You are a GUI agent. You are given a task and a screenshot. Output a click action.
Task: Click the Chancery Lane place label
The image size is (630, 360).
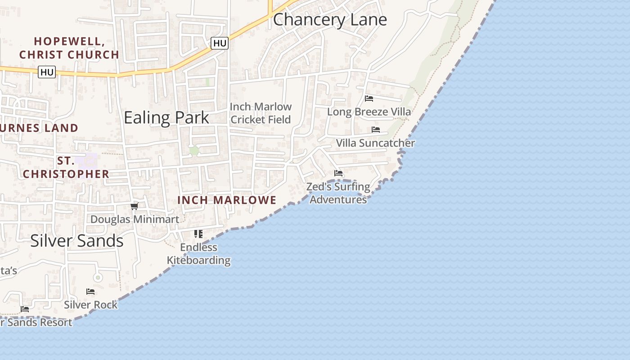tap(330, 20)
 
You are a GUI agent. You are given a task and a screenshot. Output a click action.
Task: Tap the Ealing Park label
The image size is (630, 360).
tap(166, 117)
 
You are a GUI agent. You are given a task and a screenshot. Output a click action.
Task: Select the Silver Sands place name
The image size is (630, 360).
tap(77, 241)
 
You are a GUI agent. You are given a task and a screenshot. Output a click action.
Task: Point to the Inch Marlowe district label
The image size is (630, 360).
tap(227, 200)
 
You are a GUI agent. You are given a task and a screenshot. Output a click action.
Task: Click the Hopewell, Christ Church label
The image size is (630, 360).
tap(69, 48)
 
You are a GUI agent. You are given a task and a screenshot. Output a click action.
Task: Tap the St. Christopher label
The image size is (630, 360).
tap(66, 167)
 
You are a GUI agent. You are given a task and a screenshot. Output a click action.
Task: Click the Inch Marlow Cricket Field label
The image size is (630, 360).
tap(261, 113)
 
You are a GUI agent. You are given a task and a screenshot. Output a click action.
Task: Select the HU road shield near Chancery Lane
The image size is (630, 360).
tap(220, 43)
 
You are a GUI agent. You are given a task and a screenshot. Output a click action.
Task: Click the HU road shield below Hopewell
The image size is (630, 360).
tap(47, 72)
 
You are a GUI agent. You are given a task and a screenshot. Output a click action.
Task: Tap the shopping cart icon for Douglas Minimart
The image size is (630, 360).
tap(134, 207)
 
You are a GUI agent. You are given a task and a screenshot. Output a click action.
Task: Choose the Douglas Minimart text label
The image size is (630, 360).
tap(135, 220)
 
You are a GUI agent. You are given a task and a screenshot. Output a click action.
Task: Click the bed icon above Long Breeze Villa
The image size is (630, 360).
tap(369, 99)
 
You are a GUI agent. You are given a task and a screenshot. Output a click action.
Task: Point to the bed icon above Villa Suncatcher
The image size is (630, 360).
tap(376, 130)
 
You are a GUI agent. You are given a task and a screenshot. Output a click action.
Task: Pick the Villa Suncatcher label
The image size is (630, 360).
tap(375, 143)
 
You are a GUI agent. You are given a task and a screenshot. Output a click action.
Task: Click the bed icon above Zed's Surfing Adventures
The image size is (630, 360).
tap(338, 173)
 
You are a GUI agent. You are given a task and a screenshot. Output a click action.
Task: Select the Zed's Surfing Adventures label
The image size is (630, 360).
tap(338, 193)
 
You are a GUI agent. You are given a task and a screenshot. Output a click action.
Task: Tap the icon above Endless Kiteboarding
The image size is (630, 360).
tap(198, 234)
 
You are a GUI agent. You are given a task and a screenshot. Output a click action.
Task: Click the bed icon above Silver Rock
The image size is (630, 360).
tap(90, 292)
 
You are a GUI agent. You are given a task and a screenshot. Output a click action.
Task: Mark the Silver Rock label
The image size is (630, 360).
tap(90, 305)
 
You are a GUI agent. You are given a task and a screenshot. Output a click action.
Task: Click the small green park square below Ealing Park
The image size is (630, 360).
tap(194, 151)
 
